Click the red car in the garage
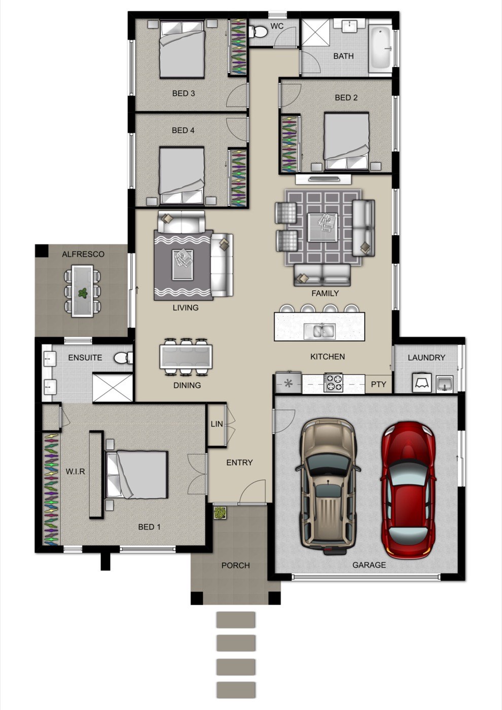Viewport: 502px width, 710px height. (408, 490)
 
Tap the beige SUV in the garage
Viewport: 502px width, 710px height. (328, 486)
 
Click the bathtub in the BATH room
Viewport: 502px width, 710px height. (381, 48)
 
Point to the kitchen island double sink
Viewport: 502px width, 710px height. (319, 331)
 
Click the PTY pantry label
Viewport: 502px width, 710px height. (378, 384)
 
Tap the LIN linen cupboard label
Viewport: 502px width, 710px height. (217, 424)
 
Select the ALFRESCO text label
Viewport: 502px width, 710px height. (83, 254)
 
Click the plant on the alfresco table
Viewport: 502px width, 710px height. (83, 293)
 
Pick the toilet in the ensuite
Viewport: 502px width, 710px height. (124, 358)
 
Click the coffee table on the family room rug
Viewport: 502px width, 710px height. (322, 227)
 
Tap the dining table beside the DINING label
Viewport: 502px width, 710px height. (186, 357)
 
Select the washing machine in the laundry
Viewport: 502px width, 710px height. (422, 382)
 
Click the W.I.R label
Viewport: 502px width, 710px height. (76, 471)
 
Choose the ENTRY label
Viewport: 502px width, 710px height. (239, 463)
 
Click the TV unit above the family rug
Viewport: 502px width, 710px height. (324, 179)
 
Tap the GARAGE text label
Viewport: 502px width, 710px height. (369, 565)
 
